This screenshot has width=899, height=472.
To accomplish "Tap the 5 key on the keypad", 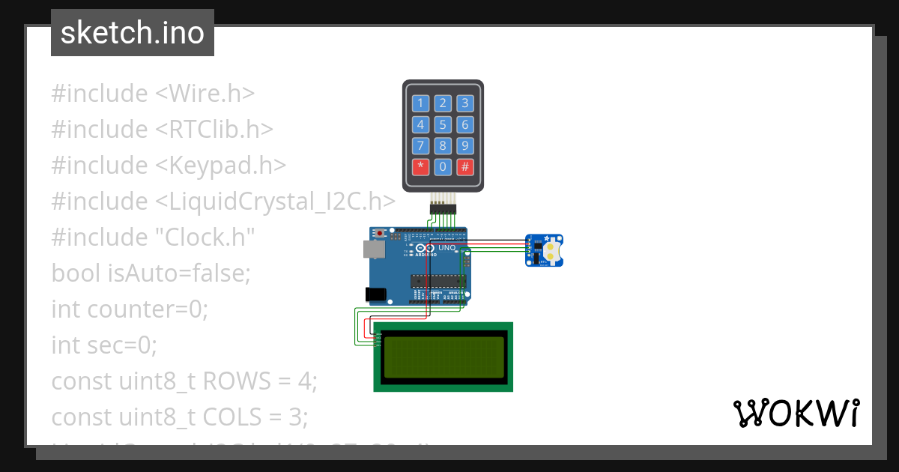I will point(443,124).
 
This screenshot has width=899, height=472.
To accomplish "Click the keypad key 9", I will point(465,145).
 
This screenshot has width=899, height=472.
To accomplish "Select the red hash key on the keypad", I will point(465,166).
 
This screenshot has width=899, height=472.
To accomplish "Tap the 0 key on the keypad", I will point(443,166).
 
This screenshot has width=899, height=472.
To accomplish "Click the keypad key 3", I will point(465,103).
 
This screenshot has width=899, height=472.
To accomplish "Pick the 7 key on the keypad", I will point(420,145).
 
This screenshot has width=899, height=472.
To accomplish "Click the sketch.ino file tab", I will point(133,33).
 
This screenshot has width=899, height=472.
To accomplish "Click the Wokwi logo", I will point(796,413).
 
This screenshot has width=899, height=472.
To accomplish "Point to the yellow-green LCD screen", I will point(443,357).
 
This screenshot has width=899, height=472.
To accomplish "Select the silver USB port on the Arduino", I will point(372,248).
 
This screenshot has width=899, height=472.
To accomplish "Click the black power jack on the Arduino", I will point(374,294).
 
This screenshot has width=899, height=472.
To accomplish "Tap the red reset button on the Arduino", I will point(381,233).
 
